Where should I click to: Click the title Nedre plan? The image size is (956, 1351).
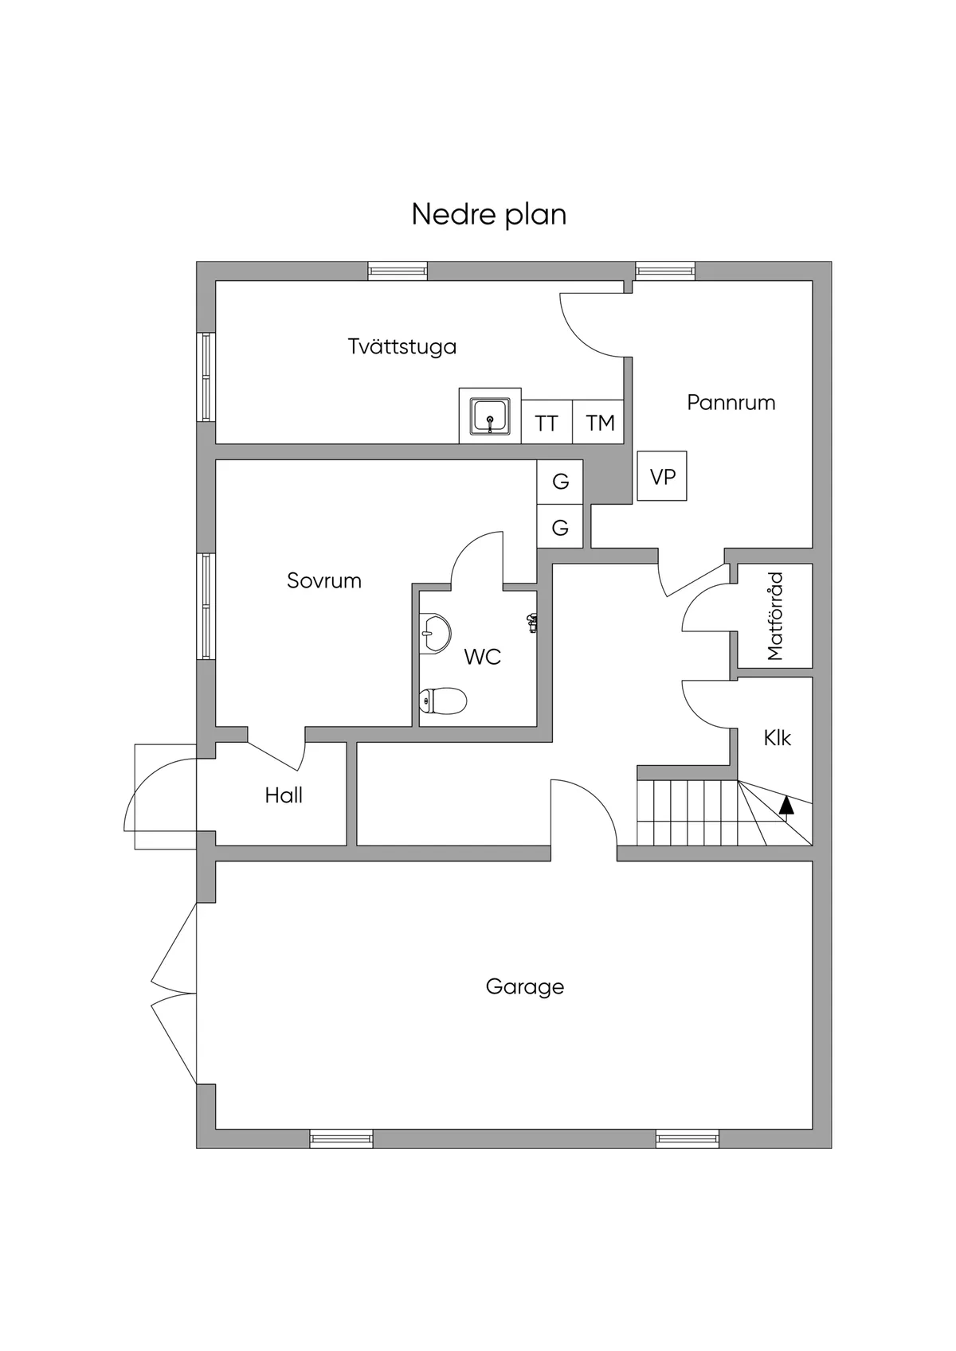(x=488, y=215)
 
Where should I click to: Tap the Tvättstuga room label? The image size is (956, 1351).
(x=402, y=347)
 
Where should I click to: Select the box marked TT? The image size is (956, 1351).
(x=547, y=423)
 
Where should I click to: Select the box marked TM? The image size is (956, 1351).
(x=599, y=423)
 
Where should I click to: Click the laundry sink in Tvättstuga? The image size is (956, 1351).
(x=490, y=416)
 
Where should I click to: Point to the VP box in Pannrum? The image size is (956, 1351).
(x=662, y=476)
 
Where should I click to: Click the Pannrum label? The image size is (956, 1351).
(x=731, y=403)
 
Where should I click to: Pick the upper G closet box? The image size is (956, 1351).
(x=560, y=482)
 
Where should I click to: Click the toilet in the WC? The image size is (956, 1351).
(x=443, y=701)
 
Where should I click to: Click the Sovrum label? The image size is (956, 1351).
(x=323, y=581)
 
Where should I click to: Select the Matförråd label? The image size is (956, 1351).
(x=775, y=616)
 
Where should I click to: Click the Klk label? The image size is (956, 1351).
(x=777, y=738)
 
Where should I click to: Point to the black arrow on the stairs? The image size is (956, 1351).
(x=786, y=805)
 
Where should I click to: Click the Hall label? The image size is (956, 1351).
(x=284, y=795)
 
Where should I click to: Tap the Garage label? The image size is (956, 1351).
(x=524, y=987)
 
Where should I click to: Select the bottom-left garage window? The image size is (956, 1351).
(x=341, y=1139)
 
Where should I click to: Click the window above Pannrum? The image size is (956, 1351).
(x=664, y=271)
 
